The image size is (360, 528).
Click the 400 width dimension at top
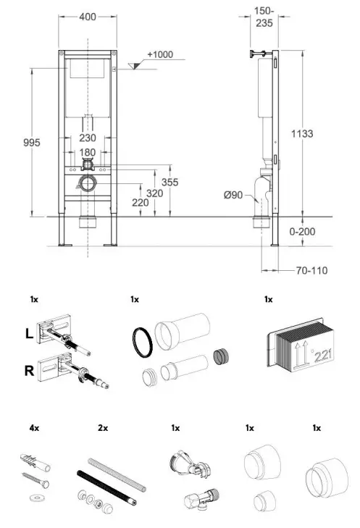click(87, 15)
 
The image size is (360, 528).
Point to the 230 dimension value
click(87, 138)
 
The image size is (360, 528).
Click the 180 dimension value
click(87, 153)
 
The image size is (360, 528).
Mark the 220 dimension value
click(141, 203)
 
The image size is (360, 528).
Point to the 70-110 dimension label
click(312, 271)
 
